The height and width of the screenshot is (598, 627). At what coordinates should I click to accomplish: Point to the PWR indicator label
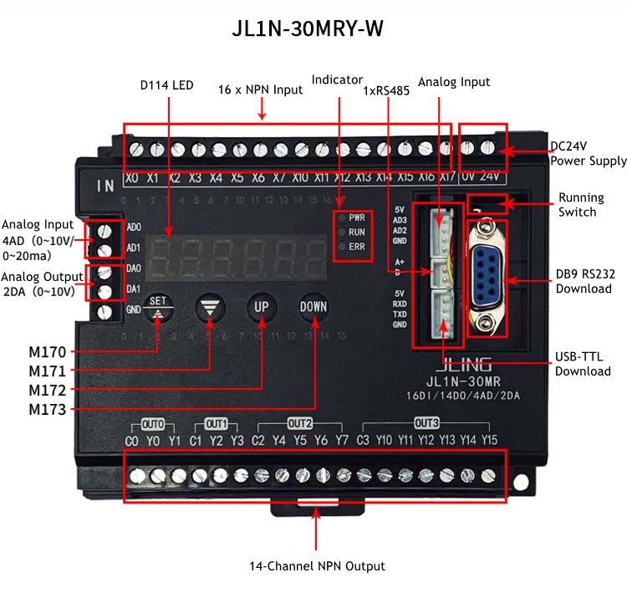(x=357, y=217)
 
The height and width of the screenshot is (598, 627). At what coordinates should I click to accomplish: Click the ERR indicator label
(x=357, y=247)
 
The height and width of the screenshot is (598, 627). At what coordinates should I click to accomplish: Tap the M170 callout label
(x=47, y=351)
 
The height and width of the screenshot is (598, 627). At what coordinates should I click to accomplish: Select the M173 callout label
(x=47, y=410)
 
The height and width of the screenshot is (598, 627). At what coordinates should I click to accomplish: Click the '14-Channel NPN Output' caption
(x=317, y=566)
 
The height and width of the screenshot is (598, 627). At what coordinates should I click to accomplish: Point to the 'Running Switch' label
(x=578, y=205)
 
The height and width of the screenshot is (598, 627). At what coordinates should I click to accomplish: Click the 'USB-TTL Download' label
(x=583, y=365)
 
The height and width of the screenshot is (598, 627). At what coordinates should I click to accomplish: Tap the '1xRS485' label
(x=386, y=91)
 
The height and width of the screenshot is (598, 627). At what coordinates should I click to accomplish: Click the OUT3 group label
(x=426, y=422)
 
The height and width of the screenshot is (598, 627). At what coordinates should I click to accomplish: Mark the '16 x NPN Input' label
(x=260, y=89)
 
